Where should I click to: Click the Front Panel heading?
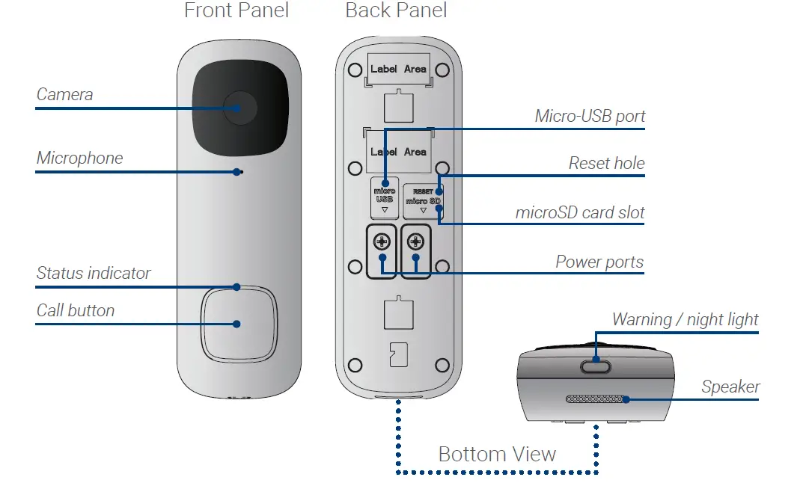point(236,11)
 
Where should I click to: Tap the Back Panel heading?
point(396,11)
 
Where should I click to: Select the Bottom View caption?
point(497,454)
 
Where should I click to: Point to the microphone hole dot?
point(238,172)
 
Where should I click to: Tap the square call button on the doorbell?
point(237,323)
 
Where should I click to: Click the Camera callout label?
point(65,95)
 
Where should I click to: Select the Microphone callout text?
point(79,159)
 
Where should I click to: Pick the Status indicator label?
point(94,274)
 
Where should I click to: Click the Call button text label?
point(76,310)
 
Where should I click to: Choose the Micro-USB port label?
point(590,117)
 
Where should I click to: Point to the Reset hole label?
point(606,163)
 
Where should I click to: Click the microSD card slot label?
point(580,212)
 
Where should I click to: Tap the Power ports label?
point(599,262)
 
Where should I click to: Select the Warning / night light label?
point(685,320)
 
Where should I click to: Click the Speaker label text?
point(730,387)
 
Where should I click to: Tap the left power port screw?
point(382,242)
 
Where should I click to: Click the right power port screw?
point(416,242)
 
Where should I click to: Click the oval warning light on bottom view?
point(596,366)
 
